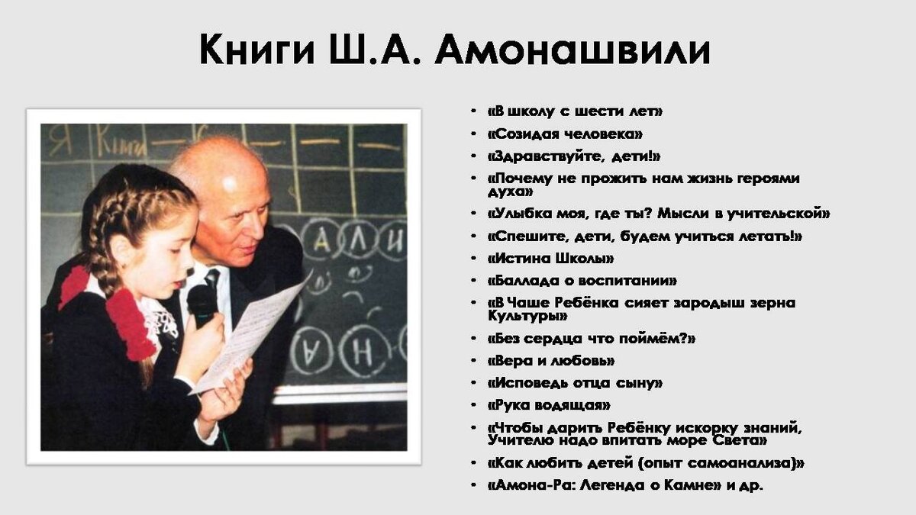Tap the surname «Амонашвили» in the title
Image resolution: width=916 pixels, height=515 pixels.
pyautogui.click(x=576, y=51)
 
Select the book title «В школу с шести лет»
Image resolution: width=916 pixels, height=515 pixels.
pyautogui.click(x=575, y=111)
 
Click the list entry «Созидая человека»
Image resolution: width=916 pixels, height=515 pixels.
pyautogui.click(x=565, y=134)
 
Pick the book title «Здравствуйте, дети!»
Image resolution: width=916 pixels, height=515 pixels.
pyautogui.click(x=573, y=156)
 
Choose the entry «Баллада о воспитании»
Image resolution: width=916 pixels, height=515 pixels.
pyautogui.click(x=582, y=281)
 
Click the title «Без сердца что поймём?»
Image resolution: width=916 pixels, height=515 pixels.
pyautogui.click(x=591, y=338)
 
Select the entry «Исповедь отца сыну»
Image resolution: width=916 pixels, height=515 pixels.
pyautogui.click(x=575, y=383)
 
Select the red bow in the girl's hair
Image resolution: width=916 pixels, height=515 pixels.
pyautogui.click(x=130, y=320)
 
